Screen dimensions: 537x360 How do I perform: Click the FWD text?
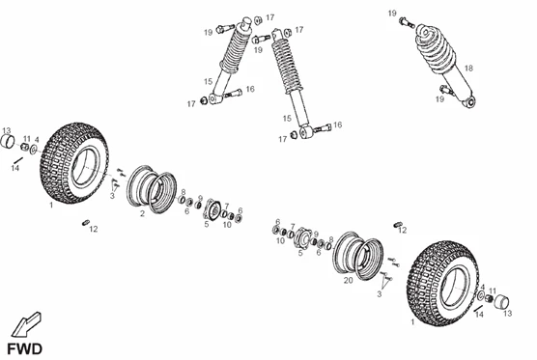coord(25,349)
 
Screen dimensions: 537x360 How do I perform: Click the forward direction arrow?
coord(26,324)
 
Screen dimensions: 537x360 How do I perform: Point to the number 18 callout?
coord(468,69)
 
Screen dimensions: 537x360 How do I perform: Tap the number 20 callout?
coord(348,280)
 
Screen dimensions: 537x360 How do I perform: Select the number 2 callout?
coord(142,213)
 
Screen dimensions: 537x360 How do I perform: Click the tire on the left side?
coord(73,163)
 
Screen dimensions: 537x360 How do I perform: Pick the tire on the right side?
coord(441,283)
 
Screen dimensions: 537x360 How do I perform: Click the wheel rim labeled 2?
coord(152,189)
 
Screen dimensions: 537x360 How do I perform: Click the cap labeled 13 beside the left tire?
coord(8,142)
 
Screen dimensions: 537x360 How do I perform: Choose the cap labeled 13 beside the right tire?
coord(501,301)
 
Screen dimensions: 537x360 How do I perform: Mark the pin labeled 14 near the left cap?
coord(17,160)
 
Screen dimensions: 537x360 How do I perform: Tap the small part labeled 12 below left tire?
coord(86,223)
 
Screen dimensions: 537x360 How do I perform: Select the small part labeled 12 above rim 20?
coord(397,225)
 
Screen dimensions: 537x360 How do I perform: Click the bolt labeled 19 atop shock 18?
coord(407,23)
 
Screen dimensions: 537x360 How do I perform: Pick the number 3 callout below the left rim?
coord(112,196)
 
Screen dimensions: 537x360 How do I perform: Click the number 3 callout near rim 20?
coord(380,294)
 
